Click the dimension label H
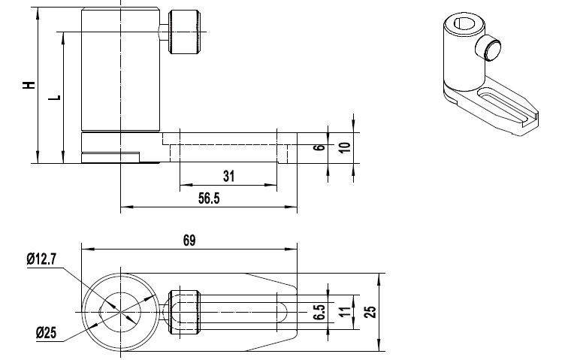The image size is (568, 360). point(29,85)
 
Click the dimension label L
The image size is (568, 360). point(55,98)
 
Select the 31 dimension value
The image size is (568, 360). point(228,176)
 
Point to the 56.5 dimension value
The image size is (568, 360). point(209,198)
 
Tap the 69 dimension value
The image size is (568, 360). point(189,240)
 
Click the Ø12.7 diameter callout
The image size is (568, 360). point(41,259)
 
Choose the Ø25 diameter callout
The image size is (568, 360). point(47,332)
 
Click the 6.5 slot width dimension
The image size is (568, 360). point(319,312)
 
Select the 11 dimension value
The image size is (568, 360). point(345,312)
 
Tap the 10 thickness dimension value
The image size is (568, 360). point(345,147)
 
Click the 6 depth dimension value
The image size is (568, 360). point(319,147)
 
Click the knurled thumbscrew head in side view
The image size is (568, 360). point(184,32)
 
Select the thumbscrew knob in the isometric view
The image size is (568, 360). point(488,48)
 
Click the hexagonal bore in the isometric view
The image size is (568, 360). point(464,23)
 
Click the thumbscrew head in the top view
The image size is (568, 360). point(184,312)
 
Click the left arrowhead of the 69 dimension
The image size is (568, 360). point(88,250)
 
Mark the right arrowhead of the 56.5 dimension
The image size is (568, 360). point(291,207)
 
